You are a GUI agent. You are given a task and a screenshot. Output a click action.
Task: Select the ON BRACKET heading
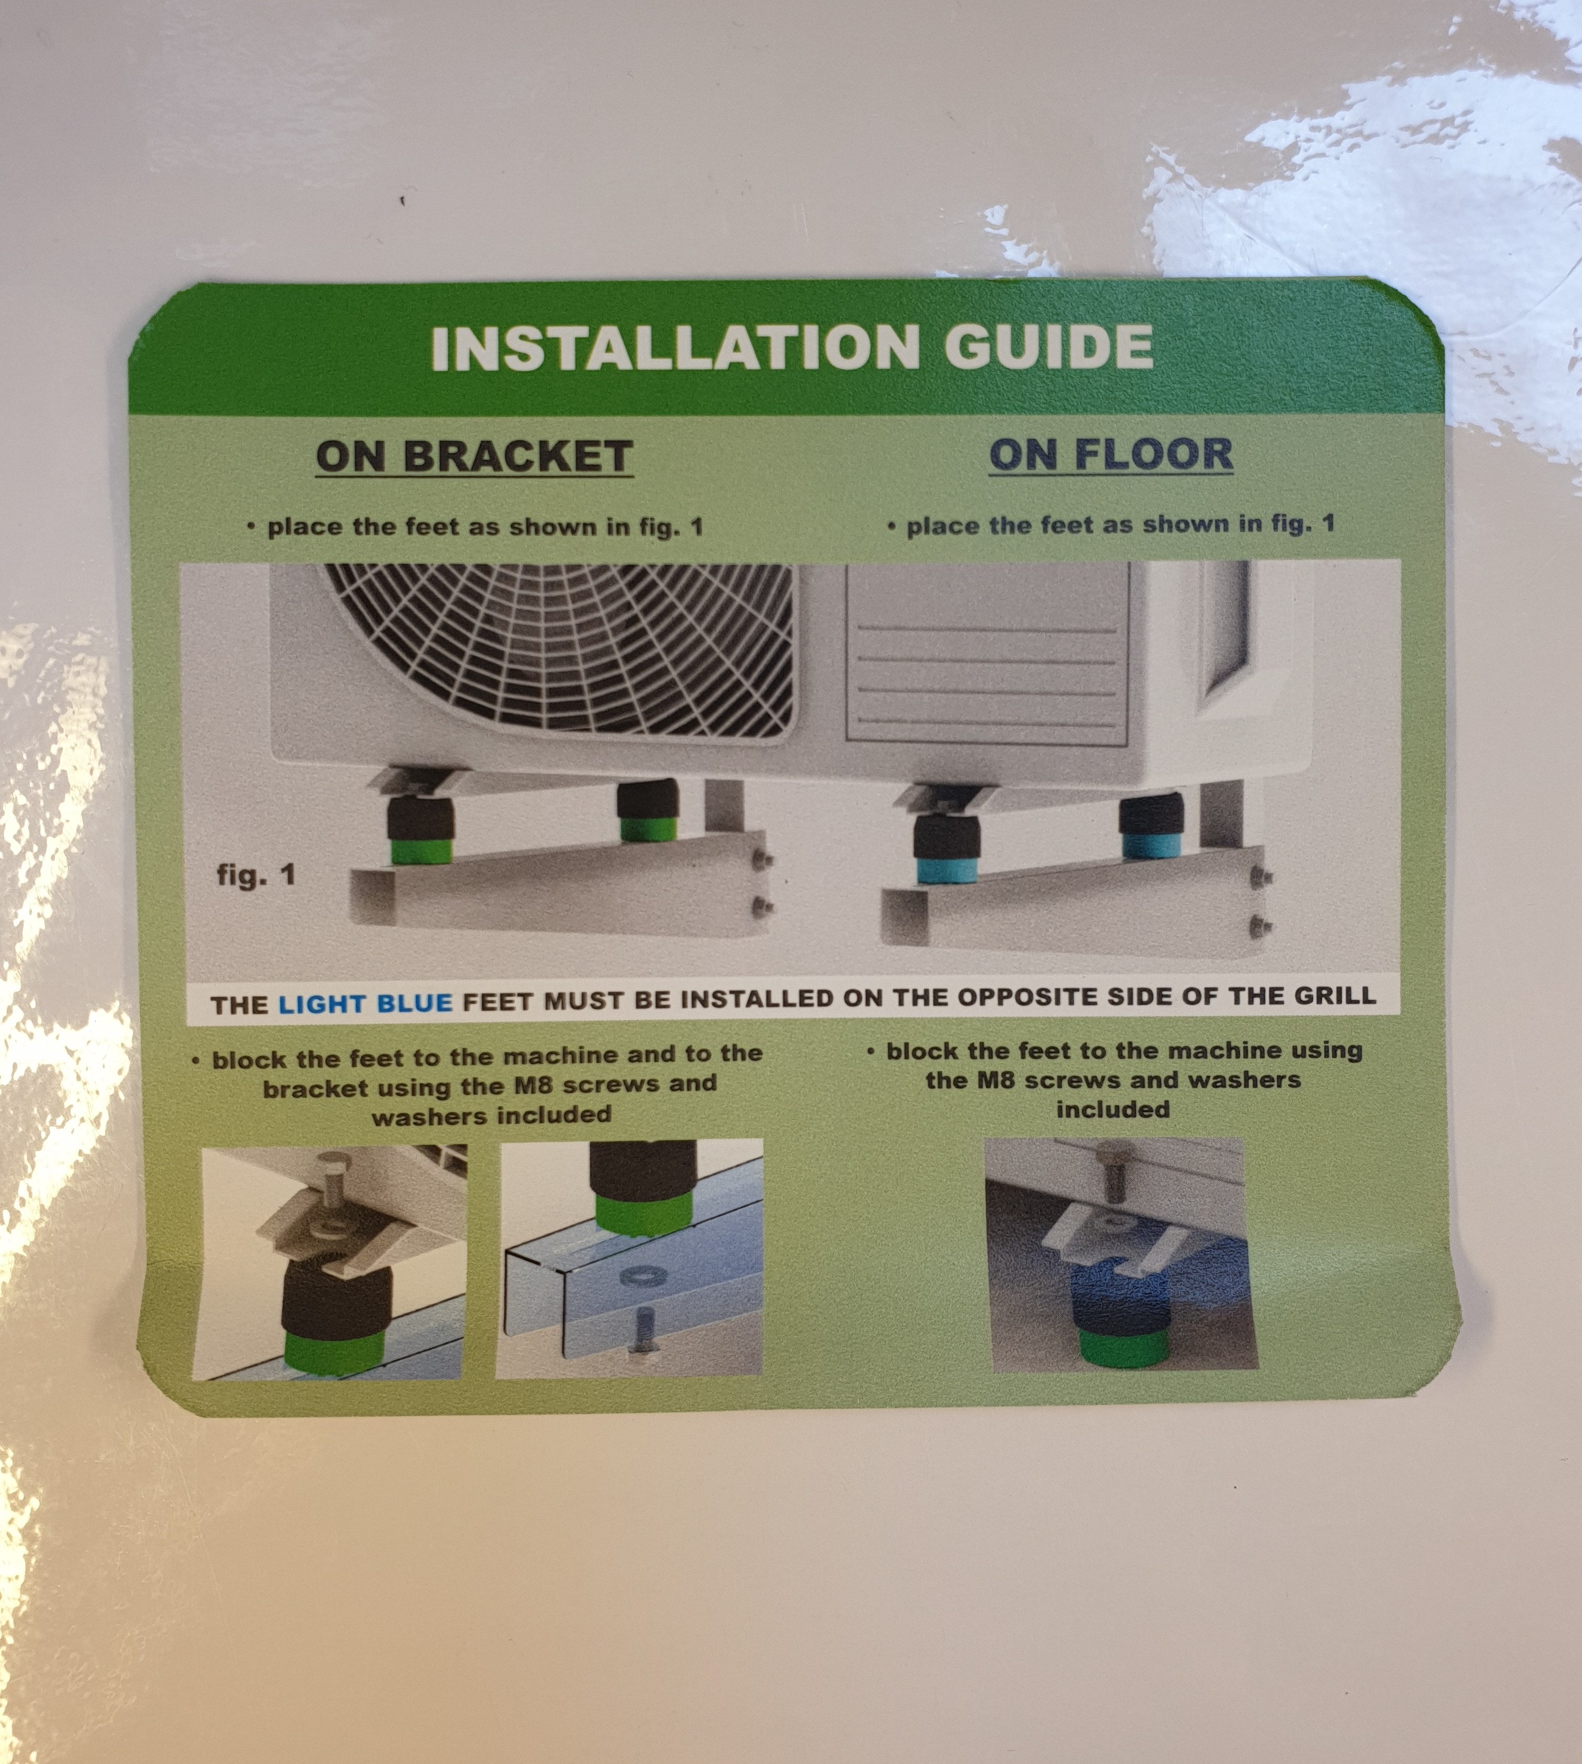point(475,456)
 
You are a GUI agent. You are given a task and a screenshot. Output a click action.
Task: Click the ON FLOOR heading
point(1111,454)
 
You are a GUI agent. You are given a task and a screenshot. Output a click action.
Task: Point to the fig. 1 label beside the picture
point(256,874)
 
